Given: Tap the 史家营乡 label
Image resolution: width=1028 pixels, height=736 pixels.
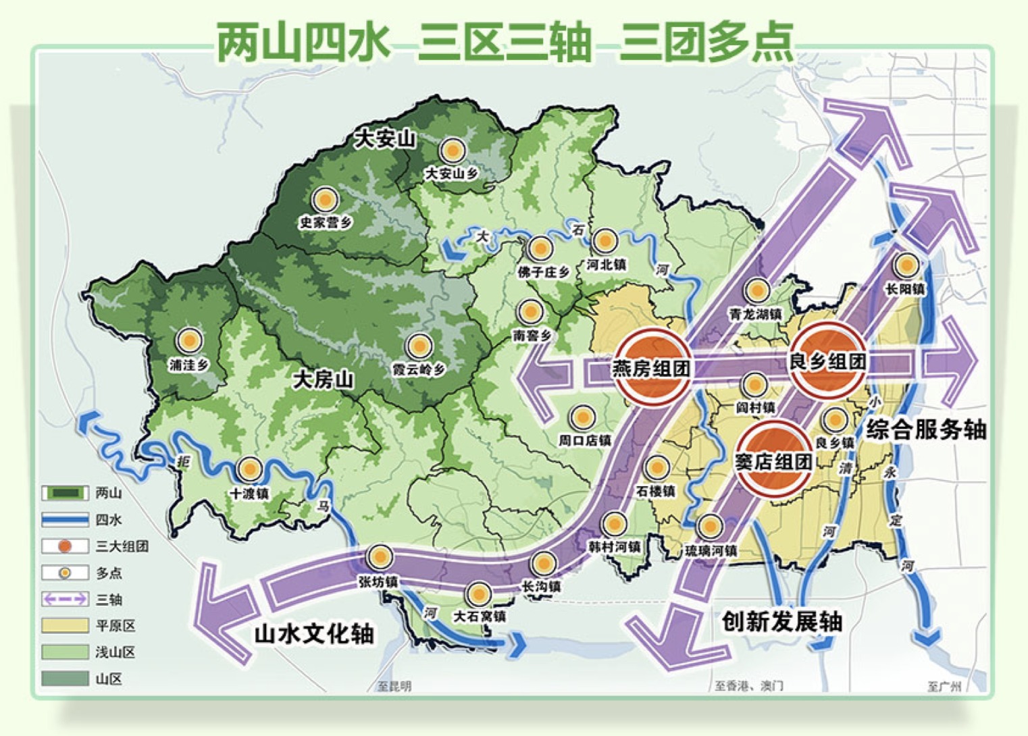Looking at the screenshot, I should coord(326,222).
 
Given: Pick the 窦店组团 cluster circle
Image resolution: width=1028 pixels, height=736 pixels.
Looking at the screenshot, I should coord(773,461).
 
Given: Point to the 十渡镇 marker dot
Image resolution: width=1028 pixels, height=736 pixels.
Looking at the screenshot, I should coord(250,469).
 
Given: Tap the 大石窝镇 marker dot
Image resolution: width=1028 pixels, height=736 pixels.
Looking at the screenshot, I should coord(479,594).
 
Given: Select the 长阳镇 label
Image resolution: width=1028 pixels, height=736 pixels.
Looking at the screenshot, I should coord(905,289).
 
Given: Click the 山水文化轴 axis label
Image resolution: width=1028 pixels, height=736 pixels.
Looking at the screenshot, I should coord(314,634).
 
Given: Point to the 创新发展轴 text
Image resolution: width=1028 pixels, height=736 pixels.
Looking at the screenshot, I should coord(781,621).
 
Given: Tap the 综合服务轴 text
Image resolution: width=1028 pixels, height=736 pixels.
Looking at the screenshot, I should coord(926,429).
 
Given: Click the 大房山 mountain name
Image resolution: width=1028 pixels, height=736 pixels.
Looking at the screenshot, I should coord(323,379).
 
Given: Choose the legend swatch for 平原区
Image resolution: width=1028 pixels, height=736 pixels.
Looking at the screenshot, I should coord(65,625).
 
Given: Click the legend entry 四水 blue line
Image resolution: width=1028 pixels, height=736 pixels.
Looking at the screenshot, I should coord(65,519).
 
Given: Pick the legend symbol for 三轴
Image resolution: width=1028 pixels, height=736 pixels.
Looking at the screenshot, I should coord(65,599).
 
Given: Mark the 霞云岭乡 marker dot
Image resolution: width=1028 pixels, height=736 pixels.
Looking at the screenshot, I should coord(419,346).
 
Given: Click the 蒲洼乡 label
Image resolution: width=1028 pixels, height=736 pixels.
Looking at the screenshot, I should coord(189,365).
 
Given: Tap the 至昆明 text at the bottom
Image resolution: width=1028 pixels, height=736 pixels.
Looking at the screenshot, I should coord(394,687).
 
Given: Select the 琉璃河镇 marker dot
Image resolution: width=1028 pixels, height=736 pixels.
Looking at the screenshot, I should coord(710,526).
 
